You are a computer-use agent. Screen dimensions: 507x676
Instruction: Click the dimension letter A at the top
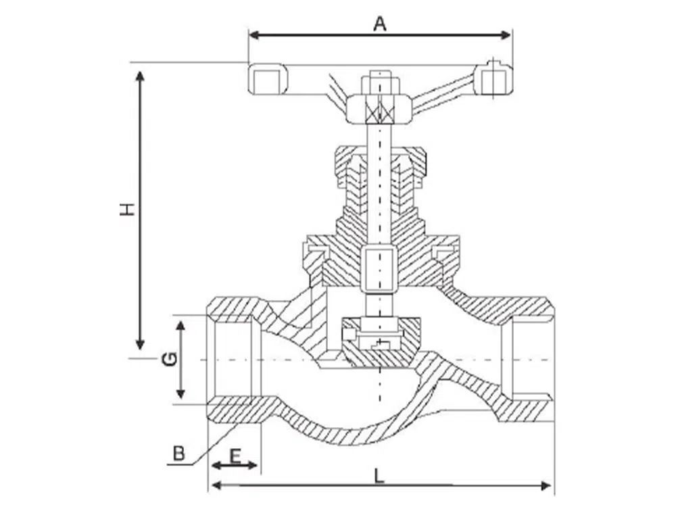380,24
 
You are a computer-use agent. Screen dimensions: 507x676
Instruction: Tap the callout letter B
178,453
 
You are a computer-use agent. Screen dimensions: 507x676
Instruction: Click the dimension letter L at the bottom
379,476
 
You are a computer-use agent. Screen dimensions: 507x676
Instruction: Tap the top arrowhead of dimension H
141,74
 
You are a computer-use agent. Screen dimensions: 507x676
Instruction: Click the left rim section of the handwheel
269,79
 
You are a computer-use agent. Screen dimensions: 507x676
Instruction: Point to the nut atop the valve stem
380,84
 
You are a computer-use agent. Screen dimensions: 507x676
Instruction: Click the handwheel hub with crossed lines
379,110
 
